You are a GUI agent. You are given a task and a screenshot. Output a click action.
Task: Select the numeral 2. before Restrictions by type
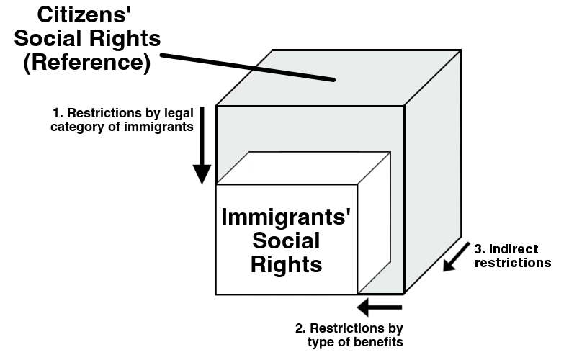(302, 328)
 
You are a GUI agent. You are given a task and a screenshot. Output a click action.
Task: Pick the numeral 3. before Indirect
(480, 249)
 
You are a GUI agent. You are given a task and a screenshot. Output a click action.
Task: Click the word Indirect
(513, 249)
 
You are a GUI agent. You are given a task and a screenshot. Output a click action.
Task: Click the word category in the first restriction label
(78, 128)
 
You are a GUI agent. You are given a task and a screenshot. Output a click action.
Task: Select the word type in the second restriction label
(332, 341)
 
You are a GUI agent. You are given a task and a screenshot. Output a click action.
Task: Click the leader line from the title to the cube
(245, 66)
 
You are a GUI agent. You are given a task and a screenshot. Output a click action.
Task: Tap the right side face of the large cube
(432, 173)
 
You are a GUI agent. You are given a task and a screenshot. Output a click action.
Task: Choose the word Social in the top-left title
(53, 38)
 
